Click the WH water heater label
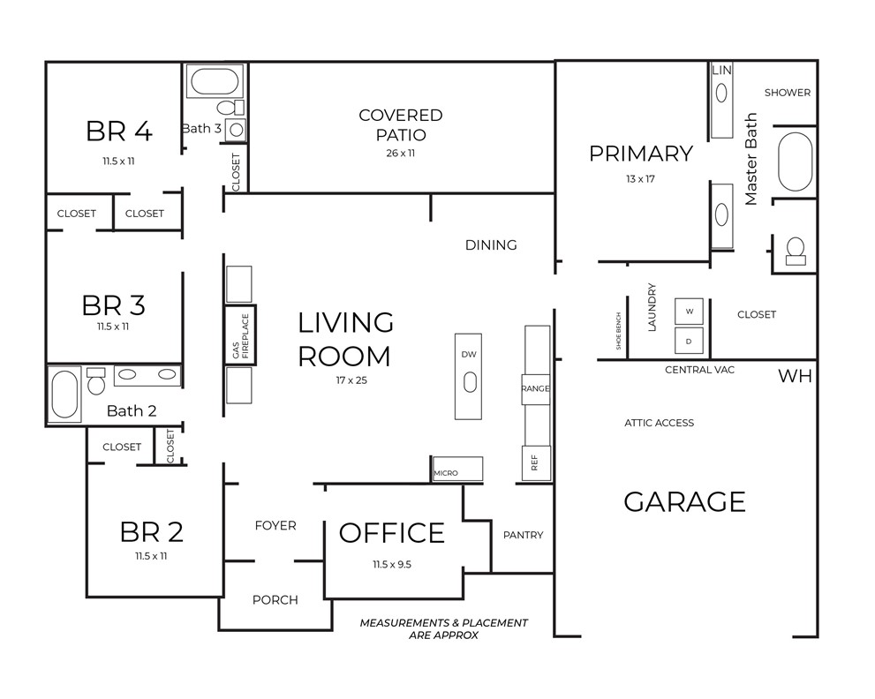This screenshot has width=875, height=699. (795, 377)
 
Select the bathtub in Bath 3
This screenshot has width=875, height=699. (215, 84)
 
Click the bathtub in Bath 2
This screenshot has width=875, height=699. (64, 395)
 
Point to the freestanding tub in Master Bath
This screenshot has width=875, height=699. (795, 162)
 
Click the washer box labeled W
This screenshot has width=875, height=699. (690, 312)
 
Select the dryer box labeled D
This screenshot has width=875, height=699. (690, 341)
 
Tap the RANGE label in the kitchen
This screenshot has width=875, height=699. (536, 387)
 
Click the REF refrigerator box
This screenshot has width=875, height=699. (534, 461)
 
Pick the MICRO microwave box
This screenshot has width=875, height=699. (457, 470)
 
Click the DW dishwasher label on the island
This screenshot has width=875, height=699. (469, 354)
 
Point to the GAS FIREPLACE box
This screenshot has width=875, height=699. (239, 334)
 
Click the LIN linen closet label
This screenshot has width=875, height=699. (721, 70)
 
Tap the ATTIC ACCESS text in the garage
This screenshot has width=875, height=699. (659, 423)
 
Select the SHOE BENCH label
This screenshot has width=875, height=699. (619, 331)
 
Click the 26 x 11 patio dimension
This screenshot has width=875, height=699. (400, 153)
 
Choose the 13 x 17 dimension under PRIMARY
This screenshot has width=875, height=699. (640, 178)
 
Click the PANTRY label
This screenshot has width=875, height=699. (523, 535)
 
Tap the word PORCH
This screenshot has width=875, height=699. (275, 600)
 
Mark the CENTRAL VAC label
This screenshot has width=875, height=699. (699, 370)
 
